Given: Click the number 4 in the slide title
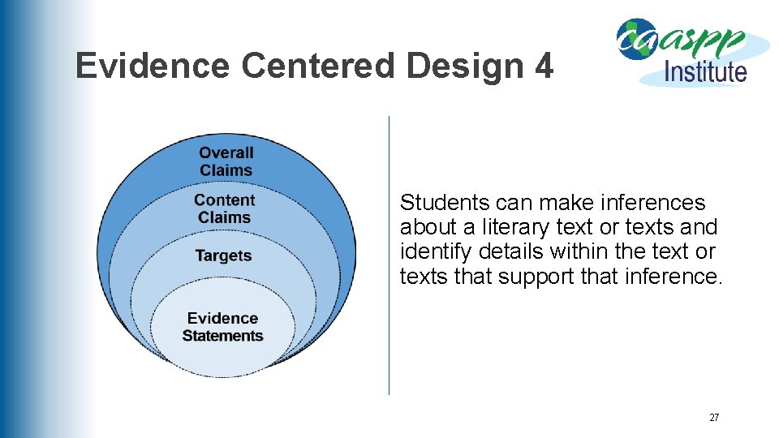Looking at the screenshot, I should (544, 66).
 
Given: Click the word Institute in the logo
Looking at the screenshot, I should (705, 71).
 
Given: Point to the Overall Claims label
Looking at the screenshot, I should (226, 161).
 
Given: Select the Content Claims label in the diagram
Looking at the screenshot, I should (224, 208).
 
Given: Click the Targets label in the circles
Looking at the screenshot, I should (223, 255).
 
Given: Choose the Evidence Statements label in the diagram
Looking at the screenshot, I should (222, 327).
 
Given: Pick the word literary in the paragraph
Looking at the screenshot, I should (510, 227).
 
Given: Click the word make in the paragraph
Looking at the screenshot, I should (550, 203).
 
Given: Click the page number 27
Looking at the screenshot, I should (714, 418).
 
